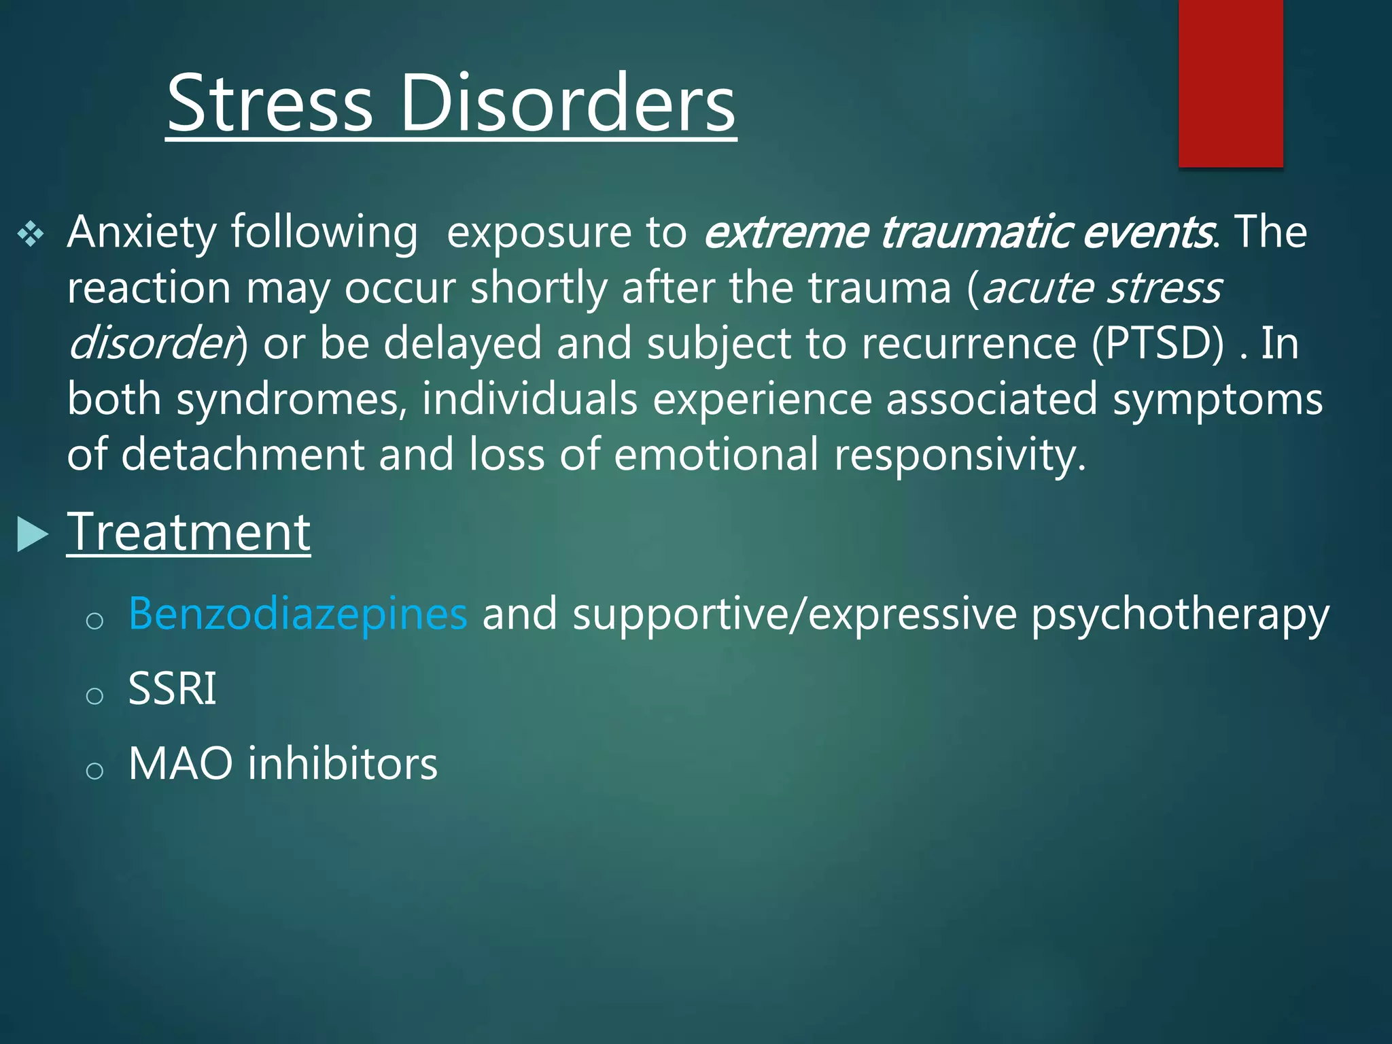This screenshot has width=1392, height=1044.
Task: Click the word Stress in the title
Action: [x=270, y=104]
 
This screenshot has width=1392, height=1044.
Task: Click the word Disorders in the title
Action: [x=568, y=104]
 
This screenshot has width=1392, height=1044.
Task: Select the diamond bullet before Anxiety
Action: [x=31, y=234]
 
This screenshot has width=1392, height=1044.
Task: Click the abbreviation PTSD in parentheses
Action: [x=1163, y=343]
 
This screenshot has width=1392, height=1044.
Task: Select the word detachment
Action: [x=243, y=454]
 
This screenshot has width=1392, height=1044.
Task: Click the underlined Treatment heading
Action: [x=188, y=532]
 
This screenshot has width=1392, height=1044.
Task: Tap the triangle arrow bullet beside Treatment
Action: [x=32, y=534]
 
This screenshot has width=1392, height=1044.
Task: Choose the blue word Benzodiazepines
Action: [x=298, y=614]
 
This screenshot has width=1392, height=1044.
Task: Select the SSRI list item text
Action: [x=172, y=689]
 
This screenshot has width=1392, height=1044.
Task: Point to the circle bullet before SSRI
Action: [x=94, y=695]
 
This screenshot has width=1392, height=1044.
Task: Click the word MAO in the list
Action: [x=180, y=763]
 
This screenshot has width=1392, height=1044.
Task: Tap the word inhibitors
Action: [x=343, y=763]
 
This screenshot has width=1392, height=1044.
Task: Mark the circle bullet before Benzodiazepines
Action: [x=94, y=620]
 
